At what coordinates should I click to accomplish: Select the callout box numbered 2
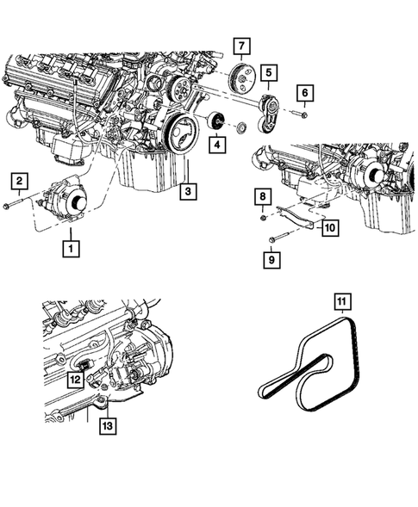click(x=17, y=180)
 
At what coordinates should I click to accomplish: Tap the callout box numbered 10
click(x=328, y=226)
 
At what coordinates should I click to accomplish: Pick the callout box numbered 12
click(x=76, y=378)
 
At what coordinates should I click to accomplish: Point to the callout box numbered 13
click(x=107, y=424)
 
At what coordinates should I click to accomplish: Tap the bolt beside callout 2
click(x=20, y=206)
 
